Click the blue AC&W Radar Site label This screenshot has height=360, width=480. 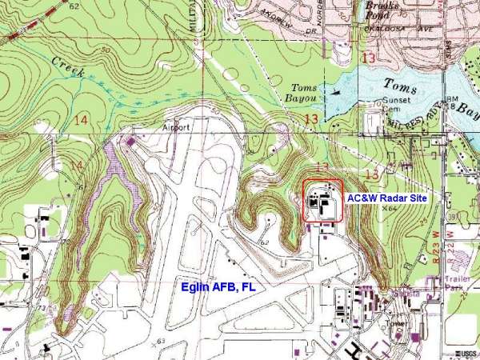coord(387,197)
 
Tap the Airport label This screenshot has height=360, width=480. coord(176,127)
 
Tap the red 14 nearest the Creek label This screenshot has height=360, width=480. coord(80,119)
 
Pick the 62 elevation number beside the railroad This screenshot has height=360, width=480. coord(74,6)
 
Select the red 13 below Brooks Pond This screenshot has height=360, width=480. coord(369,58)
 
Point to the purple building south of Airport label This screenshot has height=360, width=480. coord(130,142)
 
